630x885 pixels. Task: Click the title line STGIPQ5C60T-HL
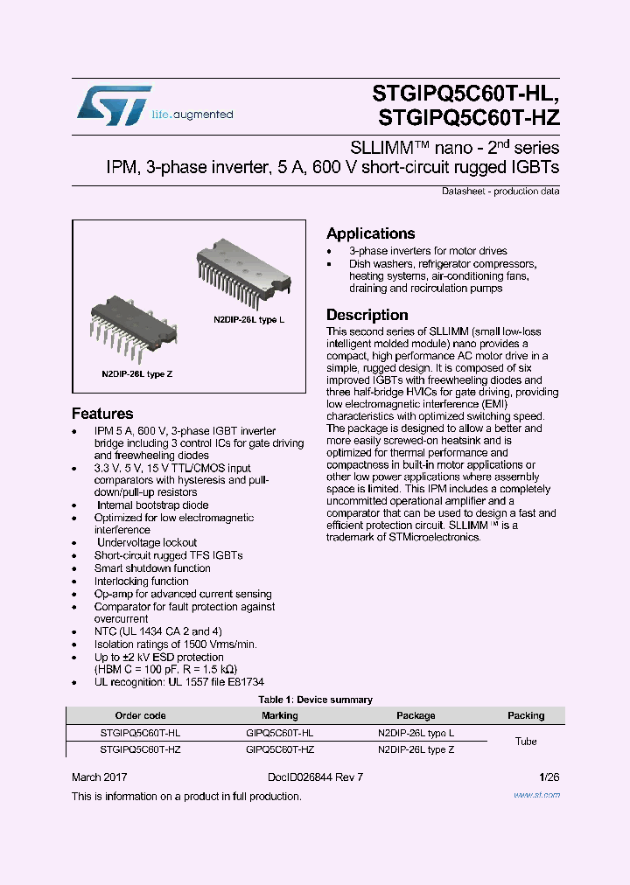point(463,93)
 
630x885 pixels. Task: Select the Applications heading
point(370,233)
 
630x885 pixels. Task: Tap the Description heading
point(367,315)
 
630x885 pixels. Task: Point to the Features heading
point(102,414)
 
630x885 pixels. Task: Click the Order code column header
point(140,715)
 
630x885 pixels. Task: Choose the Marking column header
point(280,715)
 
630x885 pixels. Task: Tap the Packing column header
point(526,715)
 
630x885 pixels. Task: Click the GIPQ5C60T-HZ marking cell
point(280,749)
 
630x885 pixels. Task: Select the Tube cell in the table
point(526,742)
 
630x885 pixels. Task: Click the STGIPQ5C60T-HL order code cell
point(140,733)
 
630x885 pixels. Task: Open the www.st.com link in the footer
point(535,795)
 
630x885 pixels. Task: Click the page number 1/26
point(549,777)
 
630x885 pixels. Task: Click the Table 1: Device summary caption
point(315,700)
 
